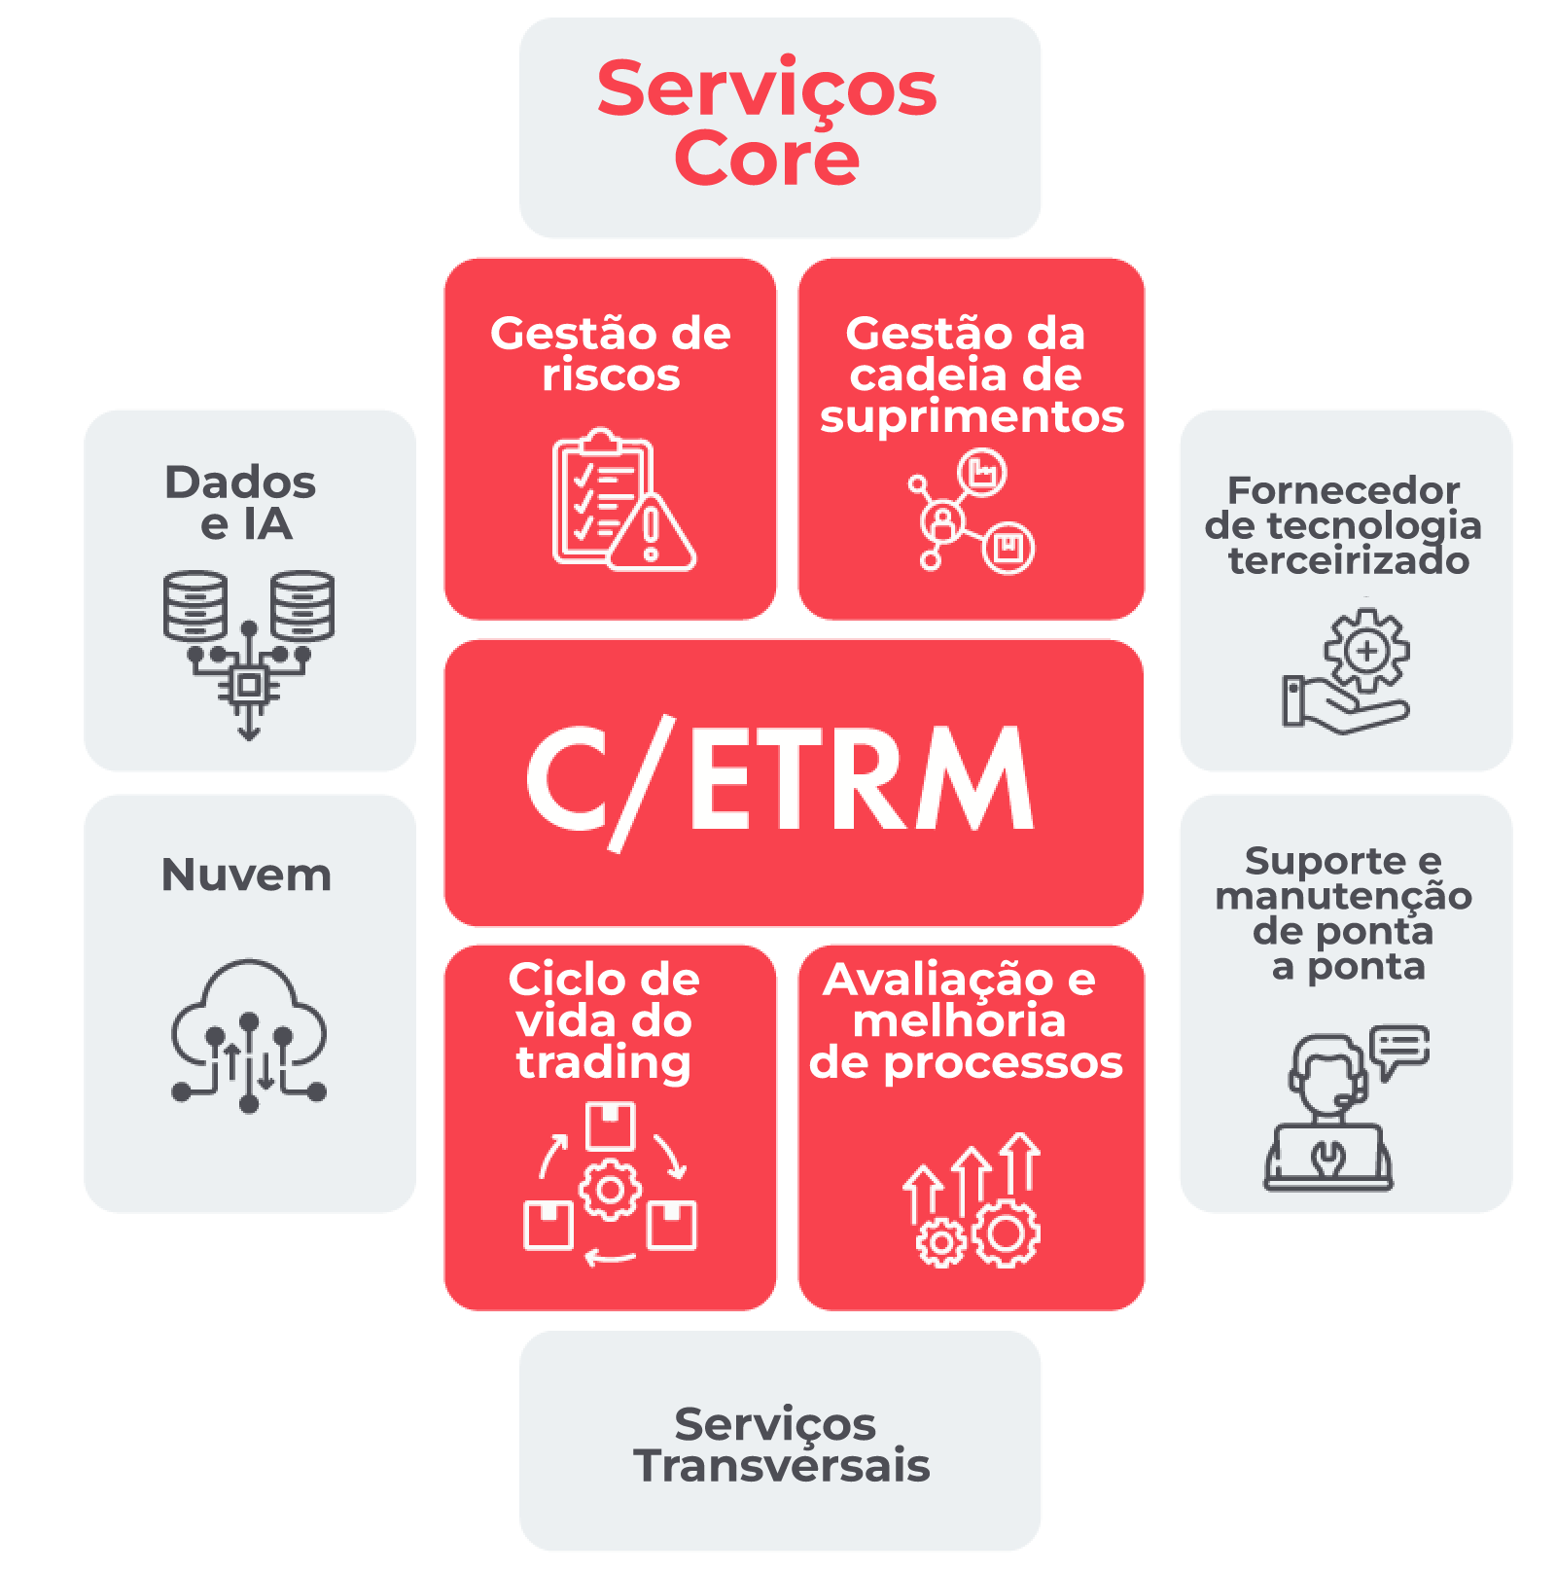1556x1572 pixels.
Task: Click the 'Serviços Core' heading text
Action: coord(767,123)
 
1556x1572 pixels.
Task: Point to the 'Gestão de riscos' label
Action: coord(611,354)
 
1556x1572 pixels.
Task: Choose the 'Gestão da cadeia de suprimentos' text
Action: coord(971,375)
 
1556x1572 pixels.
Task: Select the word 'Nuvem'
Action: coord(246,875)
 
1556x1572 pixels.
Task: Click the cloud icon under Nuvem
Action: coord(249,1036)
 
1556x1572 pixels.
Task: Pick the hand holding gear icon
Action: coord(1347,670)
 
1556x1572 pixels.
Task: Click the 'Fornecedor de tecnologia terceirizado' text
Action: coord(1344,525)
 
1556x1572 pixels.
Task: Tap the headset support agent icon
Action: coord(1328,1114)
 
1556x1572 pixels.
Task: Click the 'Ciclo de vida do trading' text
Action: coord(604,1020)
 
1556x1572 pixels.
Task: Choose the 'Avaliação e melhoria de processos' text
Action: coord(967,1020)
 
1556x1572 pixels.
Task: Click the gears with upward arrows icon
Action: coord(972,1200)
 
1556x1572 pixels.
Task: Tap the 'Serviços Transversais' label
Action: coord(780,1445)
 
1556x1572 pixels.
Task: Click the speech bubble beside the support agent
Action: coord(1399,1049)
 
